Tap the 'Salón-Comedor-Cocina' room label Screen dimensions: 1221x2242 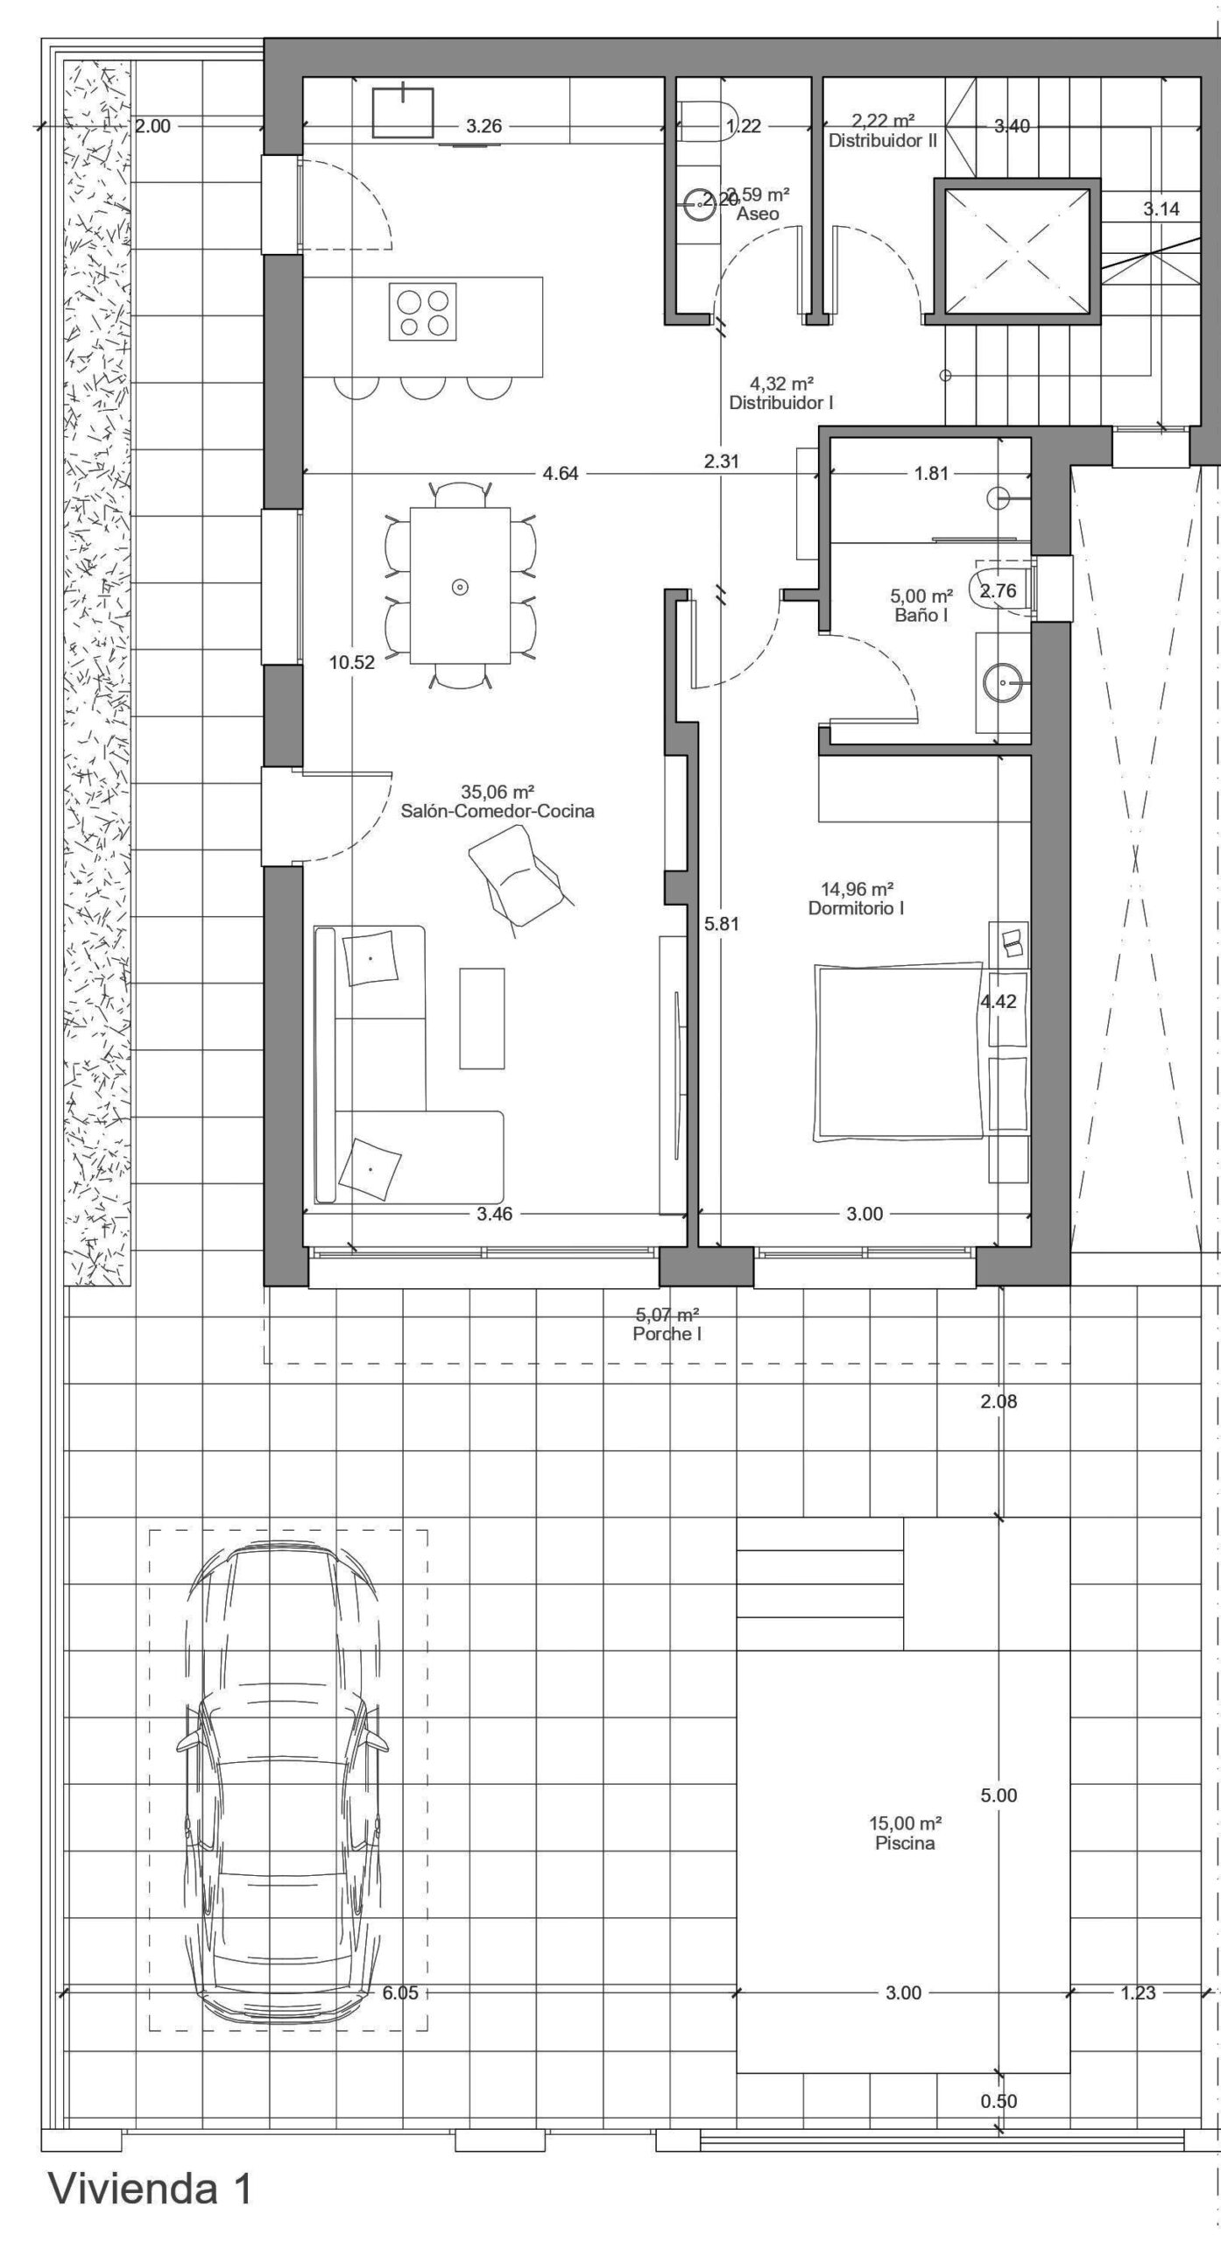click(498, 811)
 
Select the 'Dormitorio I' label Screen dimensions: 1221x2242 click(856, 908)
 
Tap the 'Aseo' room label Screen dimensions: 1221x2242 click(758, 214)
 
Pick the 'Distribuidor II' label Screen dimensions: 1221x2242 click(883, 140)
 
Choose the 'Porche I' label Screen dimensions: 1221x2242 click(667, 1335)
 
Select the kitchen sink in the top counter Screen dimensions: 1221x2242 click(403, 111)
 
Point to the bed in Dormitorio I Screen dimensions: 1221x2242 click(900, 1052)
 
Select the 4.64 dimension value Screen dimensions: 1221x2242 click(561, 474)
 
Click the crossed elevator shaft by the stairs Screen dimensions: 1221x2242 click(1016, 251)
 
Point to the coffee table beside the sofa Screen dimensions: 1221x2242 click(483, 1018)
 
